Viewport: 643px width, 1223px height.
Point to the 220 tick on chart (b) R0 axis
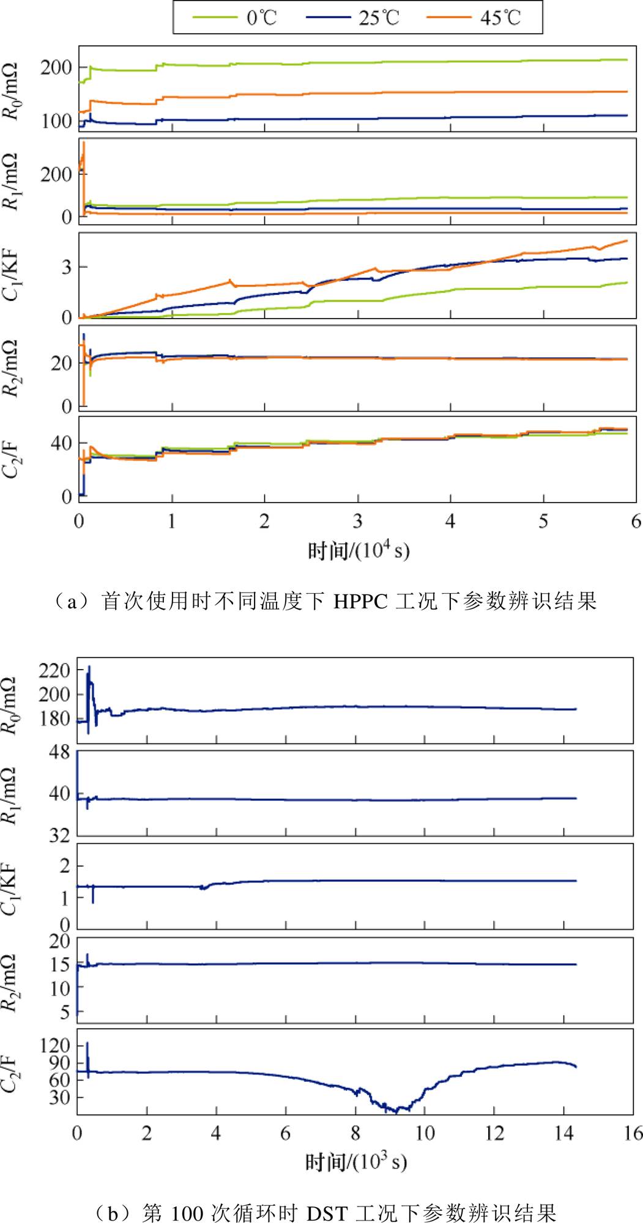point(54,671)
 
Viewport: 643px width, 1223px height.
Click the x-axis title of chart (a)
point(359,551)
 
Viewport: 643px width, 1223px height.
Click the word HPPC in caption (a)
point(360,602)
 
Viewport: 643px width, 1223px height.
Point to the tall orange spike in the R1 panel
point(83,147)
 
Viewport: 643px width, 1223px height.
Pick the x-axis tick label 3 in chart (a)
point(357,522)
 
